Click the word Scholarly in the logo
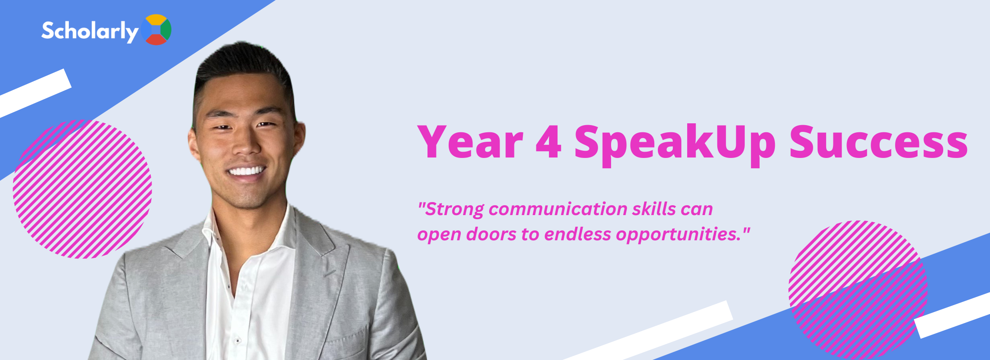click(x=90, y=31)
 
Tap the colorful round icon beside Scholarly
click(x=156, y=30)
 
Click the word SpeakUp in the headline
click(x=675, y=144)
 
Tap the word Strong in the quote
click(x=454, y=210)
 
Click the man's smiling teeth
click(x=246, y=171)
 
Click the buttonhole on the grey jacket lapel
click(x=329, y=273)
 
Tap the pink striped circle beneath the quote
click(x=858, y=290)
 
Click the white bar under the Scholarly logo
click(x=36, y=93)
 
